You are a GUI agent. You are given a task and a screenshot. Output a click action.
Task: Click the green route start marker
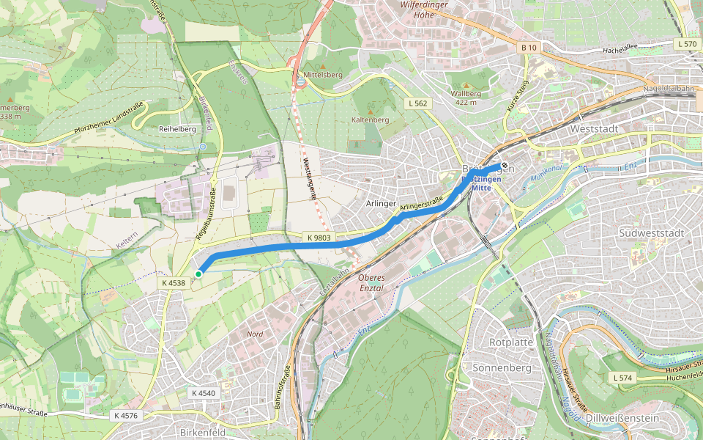[x=198, y=274]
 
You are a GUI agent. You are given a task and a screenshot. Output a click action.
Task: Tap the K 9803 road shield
[x=319, y=237]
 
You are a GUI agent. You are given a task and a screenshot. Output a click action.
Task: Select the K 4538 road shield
[x=174, y=282]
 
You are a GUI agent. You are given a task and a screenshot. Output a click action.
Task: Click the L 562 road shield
[x=417, y=103]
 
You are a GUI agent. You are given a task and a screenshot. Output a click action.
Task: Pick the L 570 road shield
[x=688, y=44]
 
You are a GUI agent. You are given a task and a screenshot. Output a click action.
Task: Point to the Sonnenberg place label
[x=502, y=367]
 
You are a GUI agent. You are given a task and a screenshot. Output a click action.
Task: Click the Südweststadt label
[x=650, y=232]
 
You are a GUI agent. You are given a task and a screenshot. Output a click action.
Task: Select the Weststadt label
[x=593, y=128]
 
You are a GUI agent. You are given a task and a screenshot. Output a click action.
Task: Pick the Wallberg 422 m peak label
[x=466, y=98]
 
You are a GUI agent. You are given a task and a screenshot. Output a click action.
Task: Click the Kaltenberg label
[x=370, y=119]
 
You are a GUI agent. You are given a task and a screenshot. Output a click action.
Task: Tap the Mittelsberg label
[x=322, y=75]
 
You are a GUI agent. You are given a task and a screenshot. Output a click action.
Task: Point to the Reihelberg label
[x=177, y=128]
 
